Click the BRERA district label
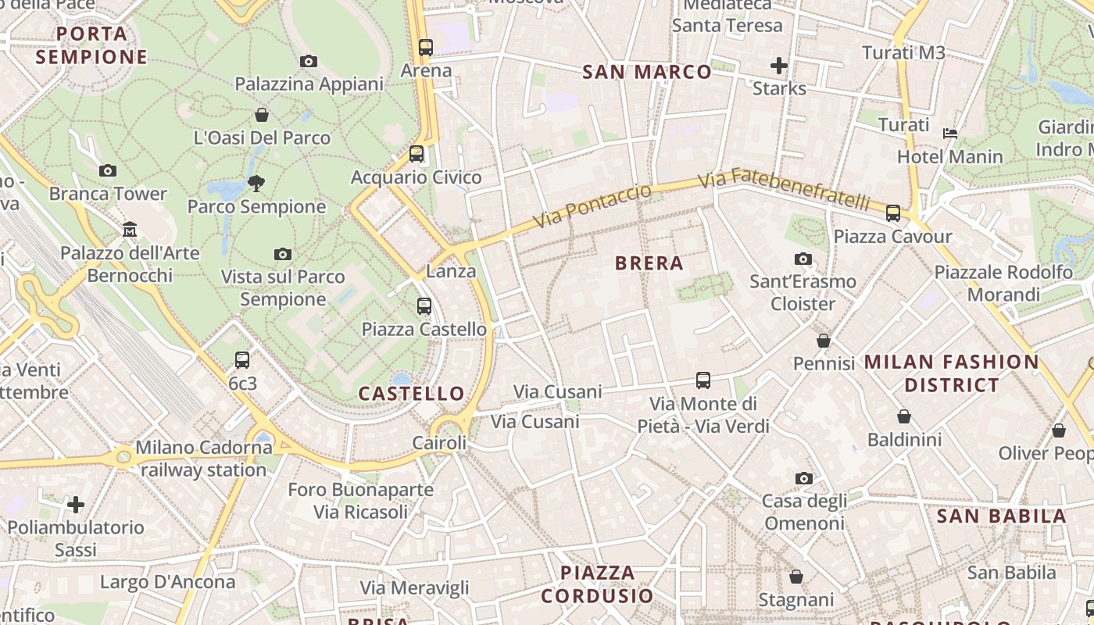click(649, 263)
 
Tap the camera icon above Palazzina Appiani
click(309, 61)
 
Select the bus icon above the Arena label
click(425, 48)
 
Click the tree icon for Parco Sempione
click(256, 184)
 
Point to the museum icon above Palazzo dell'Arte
click(130, 230)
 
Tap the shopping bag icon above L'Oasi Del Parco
click(262, 115)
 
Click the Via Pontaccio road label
click(592, 207)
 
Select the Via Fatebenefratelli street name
click(783, 191)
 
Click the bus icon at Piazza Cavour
click(892, 213)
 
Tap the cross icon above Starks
click(778, 66)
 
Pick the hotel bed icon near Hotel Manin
click(950, 134)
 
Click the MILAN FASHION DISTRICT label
click(951, 373)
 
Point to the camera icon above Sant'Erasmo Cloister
click(803, 259)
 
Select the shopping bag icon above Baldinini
click(904, 416)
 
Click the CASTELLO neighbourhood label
click(411, 394)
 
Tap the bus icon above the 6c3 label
click(242, 360)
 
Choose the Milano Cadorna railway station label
click(203, 459)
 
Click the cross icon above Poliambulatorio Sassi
click(76, 505)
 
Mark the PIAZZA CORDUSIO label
click(597, 584)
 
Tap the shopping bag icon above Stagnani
click(795, 577)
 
